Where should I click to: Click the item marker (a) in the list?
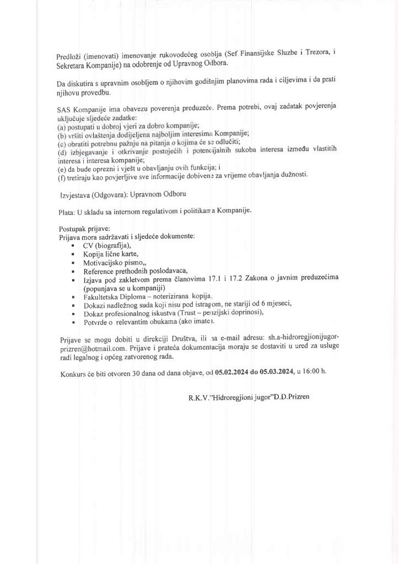click(x=62, y=126)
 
